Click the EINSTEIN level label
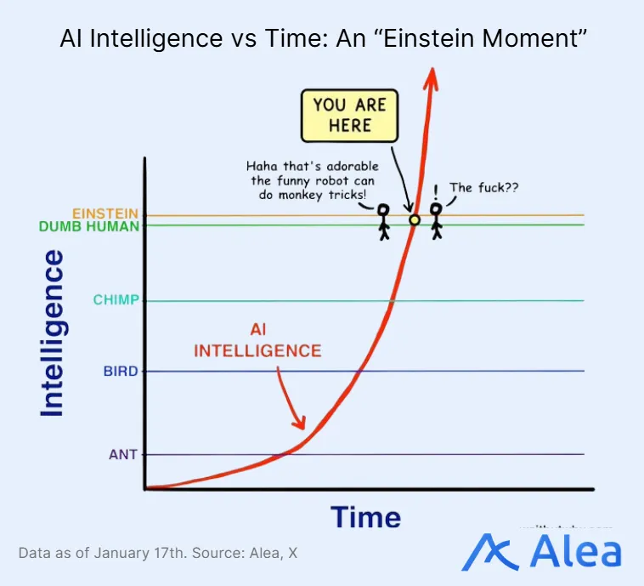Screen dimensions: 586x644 tap(106, 213)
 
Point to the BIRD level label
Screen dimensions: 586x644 tap(120, 371)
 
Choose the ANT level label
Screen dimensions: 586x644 tap(123, 454)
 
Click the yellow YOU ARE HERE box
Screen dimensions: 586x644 tap(349, 116)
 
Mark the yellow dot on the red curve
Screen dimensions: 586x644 tap(415, 220)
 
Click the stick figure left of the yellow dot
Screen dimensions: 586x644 tap(383, 220)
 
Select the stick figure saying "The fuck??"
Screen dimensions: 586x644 tap(437, 220)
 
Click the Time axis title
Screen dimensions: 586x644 tap(365, 517)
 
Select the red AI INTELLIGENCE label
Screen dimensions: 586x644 tap(258, 340)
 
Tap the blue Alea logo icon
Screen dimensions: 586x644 tap(489, 552)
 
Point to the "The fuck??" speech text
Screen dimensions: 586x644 tap(478, 188)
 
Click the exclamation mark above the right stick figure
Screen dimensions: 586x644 tap(436, 190)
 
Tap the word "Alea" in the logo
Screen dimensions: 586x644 tap(575, 552)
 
